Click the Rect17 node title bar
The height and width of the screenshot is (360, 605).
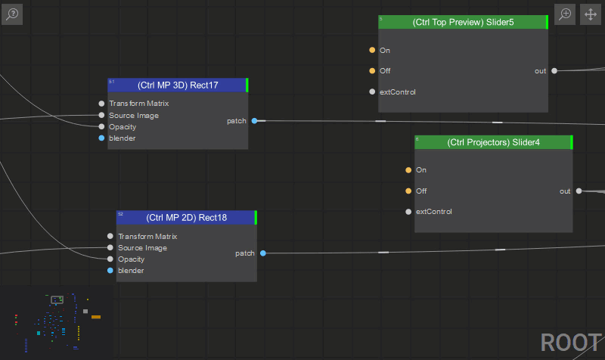(178, 85)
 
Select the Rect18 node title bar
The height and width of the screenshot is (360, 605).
(186, 218)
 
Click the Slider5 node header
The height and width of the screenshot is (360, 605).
(463, 22)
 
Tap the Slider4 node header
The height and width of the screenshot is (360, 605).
(494, 142)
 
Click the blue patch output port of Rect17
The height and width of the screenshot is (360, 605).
(254, 121)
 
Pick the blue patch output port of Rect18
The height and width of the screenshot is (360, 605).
(263, 253)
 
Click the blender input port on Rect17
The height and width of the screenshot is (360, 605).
(101, 138)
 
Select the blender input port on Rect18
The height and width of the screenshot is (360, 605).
(110, 271)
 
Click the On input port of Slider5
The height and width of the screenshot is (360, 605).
(372, 50)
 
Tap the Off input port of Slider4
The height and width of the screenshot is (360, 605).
(408, 191)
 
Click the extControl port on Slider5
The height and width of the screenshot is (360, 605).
(372, 92)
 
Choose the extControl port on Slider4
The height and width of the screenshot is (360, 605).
(408, 212)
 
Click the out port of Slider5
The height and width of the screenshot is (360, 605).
(554, 70)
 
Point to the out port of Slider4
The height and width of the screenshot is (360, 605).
(579, 191)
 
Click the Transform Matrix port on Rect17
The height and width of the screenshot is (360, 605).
(101, 104)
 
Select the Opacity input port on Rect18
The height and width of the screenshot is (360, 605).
(110, 259)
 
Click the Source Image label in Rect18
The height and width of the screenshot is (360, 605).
(142, 248)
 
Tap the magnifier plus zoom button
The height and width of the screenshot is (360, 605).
(565, 14)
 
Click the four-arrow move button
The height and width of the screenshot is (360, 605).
(591, 14)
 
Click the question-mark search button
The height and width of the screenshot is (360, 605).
(12, 14)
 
